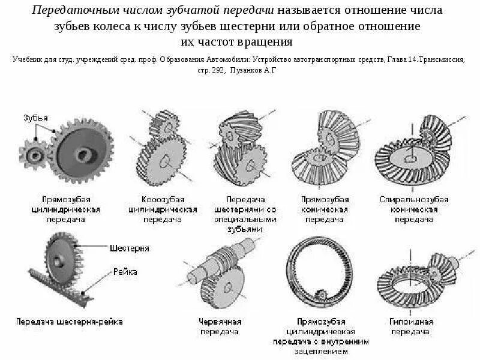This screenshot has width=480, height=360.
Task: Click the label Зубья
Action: click(x=35, y=117)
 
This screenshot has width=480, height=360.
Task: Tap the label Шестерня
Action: click(x=129, y=248)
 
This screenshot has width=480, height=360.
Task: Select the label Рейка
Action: click(x=125, y=272)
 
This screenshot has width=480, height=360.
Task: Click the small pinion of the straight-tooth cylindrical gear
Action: click(x=35, y=155)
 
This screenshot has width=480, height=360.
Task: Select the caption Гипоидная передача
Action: click(x=410, y=326)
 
